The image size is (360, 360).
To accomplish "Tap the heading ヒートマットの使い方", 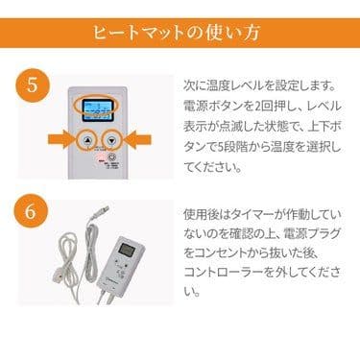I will point(180,32).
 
